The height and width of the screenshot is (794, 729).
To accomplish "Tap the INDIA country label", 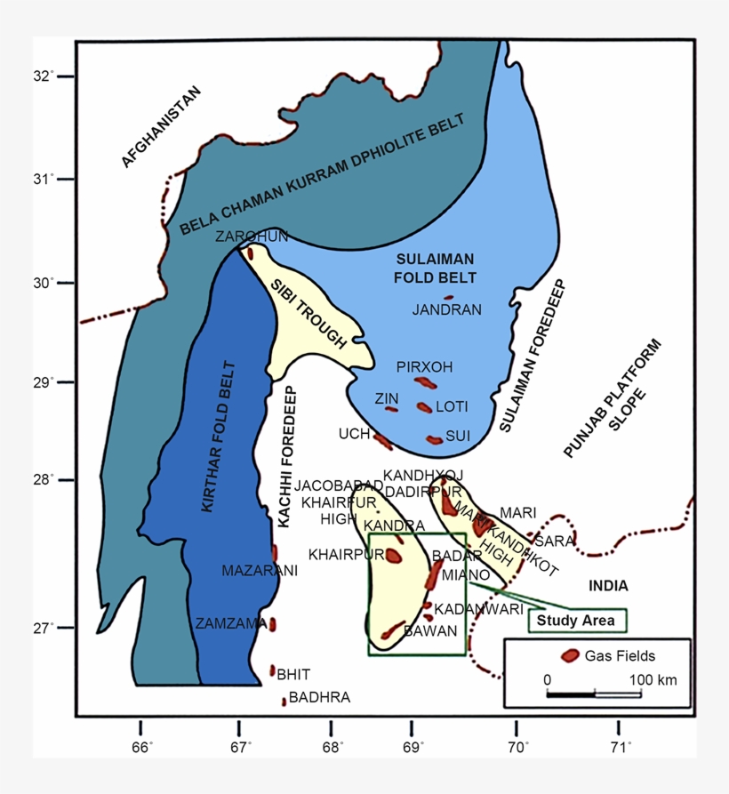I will click(607, 586).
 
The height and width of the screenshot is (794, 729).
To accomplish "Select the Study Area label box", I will click(578, 620).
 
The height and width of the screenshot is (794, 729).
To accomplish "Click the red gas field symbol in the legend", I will click(568, 656).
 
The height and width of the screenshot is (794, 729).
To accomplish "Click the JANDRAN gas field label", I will click(447, 310).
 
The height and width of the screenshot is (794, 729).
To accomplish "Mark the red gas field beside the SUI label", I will click(434, 439).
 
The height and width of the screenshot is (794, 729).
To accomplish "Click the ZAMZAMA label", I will click(231, 623).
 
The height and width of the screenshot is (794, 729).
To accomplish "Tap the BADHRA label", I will click(319, 698).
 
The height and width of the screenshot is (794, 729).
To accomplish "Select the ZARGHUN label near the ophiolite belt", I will click(252, 236).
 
